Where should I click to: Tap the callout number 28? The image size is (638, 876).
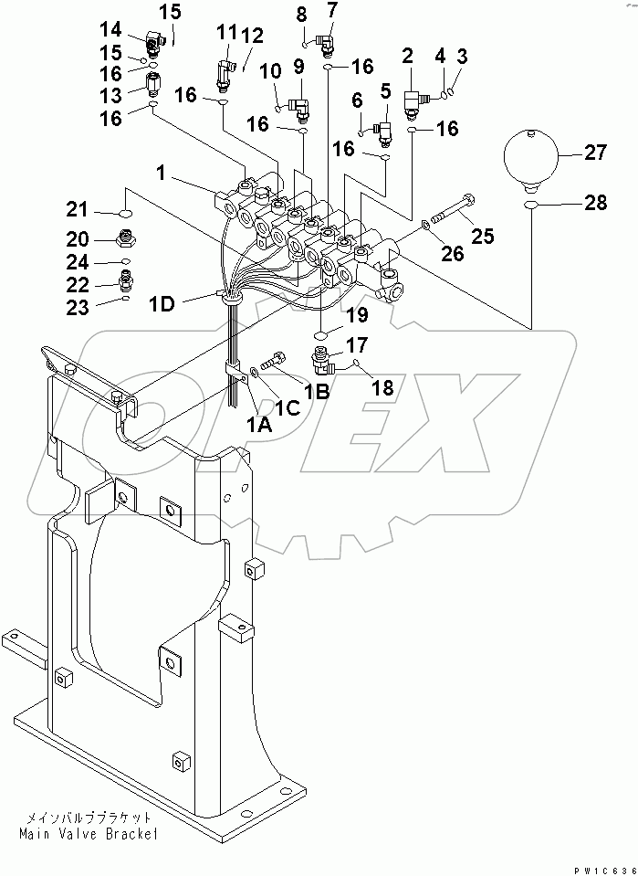(595, 204)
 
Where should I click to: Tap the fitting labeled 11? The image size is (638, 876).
(222, 70)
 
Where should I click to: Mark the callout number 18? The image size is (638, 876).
(381, 387)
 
